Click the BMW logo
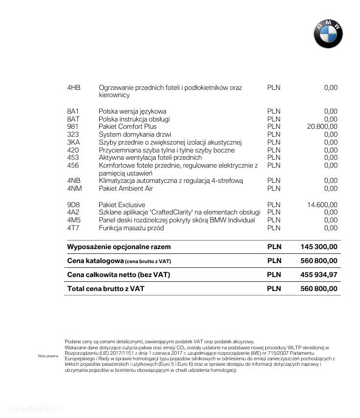[328, 33]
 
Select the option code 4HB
[74, 88]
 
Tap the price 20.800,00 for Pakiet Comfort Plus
[322, 126]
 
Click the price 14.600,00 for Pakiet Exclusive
[322, 205]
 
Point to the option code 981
[73, 126]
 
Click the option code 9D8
[74, 205]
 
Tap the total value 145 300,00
[319, 247]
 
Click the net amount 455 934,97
[319, 275]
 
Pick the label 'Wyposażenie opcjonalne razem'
[119, 247]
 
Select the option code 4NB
[74, 180]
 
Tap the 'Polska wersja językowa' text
[133, 111]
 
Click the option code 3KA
[74, 142]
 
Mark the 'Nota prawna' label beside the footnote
[47, 355]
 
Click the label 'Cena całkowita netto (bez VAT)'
[119, 275]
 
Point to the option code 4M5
[74, 220]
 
